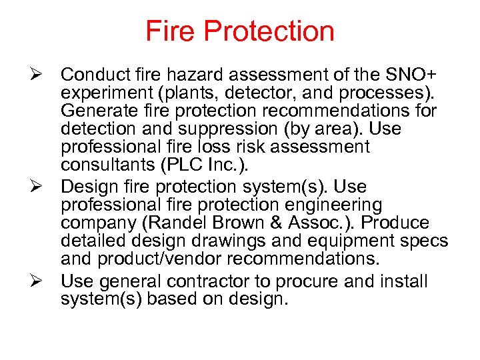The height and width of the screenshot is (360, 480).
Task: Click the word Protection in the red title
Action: (269, 31)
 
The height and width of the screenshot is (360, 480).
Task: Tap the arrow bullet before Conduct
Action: (38, 73)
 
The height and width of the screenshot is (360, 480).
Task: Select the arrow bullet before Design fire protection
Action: (38, 187)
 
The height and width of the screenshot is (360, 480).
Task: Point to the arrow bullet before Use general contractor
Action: (38, 281)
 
